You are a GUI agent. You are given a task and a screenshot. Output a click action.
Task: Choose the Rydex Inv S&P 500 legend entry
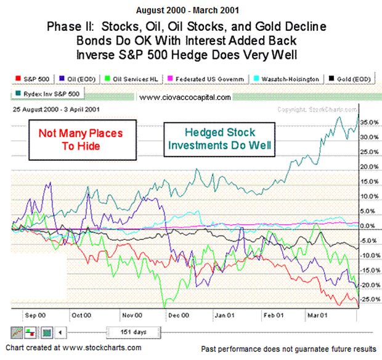(x=49, y=94)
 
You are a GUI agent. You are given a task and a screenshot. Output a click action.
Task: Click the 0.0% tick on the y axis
(x=368, y=226)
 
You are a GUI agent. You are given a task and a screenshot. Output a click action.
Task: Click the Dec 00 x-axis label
(x=177, y=315)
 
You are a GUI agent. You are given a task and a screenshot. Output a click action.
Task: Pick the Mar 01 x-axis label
(x=319, y=315)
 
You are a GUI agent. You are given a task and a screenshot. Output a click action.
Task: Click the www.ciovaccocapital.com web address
(x=185, y=97)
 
